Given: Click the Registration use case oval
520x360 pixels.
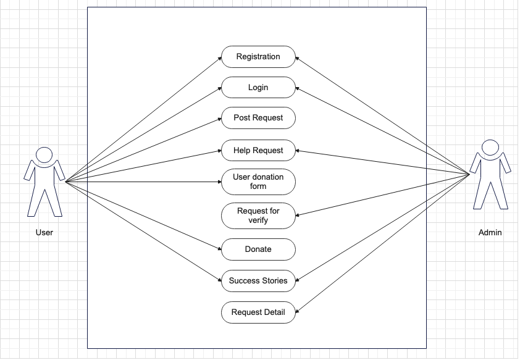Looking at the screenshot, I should [258, 57].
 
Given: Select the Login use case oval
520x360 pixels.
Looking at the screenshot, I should [258, 88].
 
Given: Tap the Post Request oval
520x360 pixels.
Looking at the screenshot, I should [258, 118].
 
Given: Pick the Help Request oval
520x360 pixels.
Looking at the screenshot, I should [258, 151].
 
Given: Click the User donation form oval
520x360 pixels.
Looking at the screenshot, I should [258, 182].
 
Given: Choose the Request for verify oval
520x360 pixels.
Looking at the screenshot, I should [258, 216].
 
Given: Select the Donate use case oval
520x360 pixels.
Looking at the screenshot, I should [258, 249].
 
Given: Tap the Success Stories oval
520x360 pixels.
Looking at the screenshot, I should [258, 281].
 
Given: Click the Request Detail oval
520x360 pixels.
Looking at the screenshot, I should [258, 312].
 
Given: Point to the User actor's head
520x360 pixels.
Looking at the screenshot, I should [44, 154].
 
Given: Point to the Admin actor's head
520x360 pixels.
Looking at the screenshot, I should [489, 148].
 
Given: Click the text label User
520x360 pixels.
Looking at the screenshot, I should [44, 233].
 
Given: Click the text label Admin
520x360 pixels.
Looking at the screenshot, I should [490, 233].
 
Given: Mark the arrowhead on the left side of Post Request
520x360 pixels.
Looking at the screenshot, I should [219, 119].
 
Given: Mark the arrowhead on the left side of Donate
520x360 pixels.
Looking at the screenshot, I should [219, 249].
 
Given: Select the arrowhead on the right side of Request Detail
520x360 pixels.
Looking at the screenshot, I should [298, 311].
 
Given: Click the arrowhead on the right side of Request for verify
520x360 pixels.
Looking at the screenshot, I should [298, 216].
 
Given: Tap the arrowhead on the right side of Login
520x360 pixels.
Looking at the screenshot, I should [298, 89].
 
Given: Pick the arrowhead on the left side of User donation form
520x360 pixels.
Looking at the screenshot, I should [219, 182].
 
